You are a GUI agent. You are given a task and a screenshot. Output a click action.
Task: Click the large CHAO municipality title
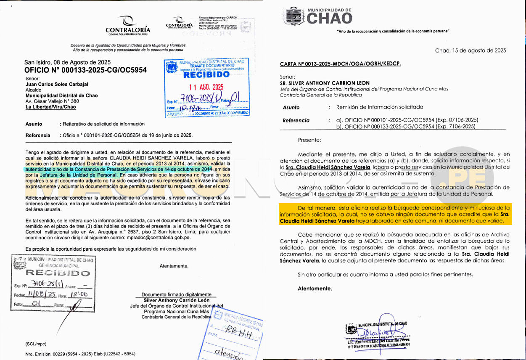coord(330,18)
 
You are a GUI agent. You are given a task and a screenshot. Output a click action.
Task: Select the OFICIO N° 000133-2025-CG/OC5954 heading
coord(85,70)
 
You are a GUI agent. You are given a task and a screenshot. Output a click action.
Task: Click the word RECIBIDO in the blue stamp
coord(206,75)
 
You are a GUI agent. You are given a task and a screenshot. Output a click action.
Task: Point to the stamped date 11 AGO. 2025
coord(206,87)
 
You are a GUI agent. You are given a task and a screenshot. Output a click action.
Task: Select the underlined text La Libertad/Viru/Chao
coord(50,107)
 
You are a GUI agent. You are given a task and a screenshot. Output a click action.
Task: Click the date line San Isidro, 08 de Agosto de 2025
coord(67,62)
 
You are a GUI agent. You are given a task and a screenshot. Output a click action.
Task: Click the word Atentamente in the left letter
coord(174,266)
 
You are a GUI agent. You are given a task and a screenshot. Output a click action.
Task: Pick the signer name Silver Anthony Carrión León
coord(177,300)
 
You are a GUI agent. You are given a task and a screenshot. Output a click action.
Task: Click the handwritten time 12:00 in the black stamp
coord(79,295)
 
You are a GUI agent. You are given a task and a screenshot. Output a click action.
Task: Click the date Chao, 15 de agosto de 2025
coord(470,50)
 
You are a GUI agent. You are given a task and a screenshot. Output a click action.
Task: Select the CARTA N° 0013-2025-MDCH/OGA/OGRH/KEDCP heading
coord(340,64)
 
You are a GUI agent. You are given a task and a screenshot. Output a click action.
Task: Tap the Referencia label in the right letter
coord(296,120)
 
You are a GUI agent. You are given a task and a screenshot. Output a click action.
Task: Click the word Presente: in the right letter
coord(309,140)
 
